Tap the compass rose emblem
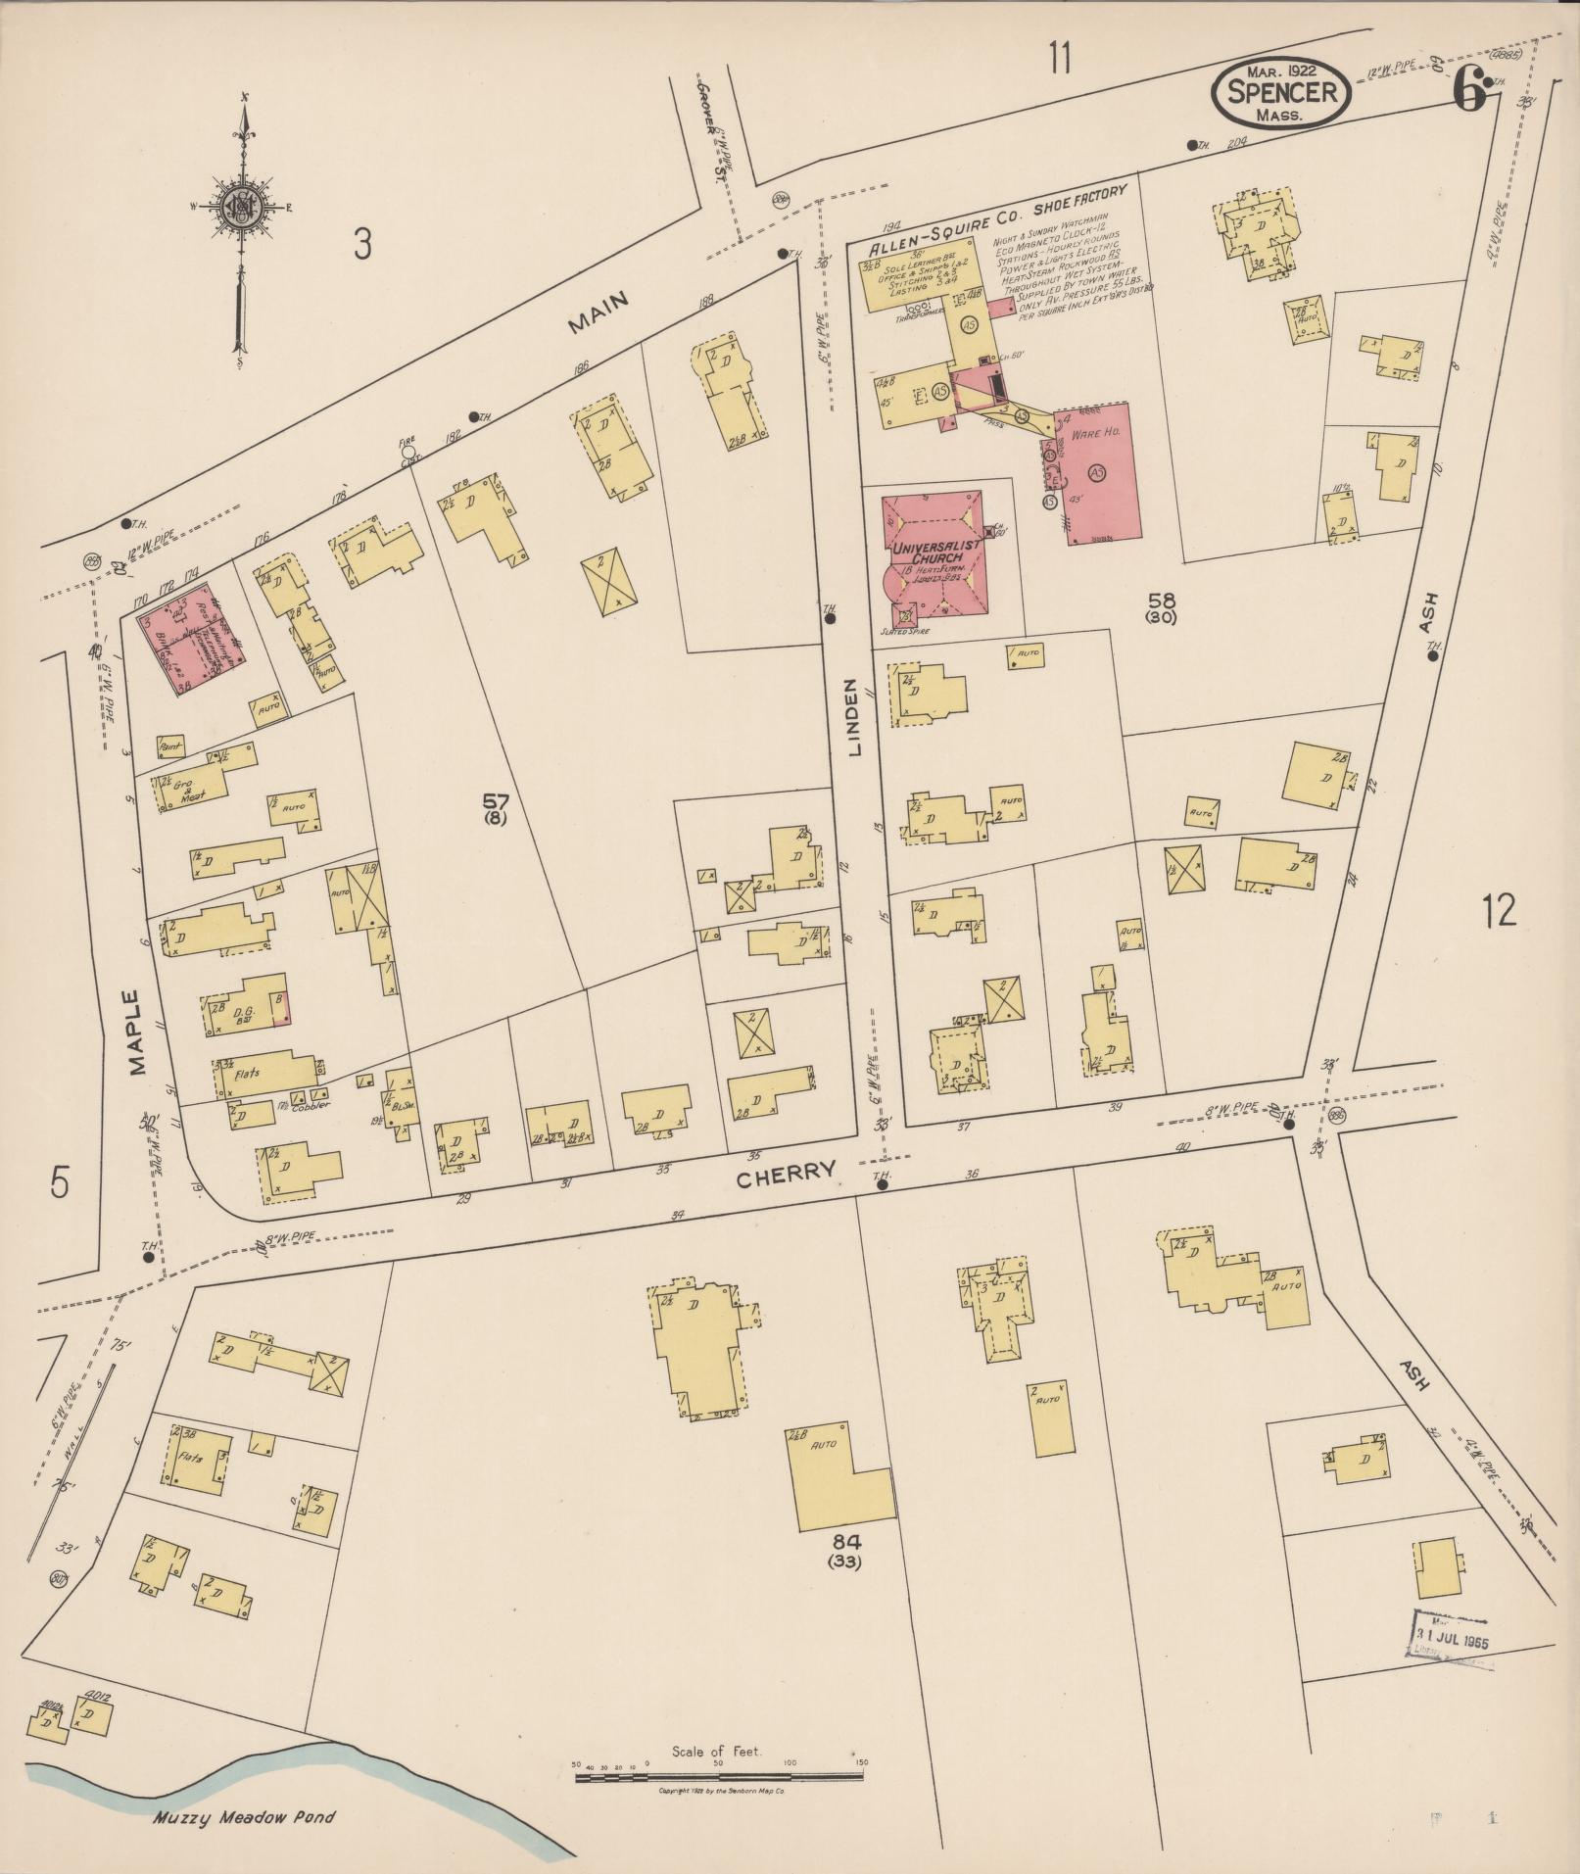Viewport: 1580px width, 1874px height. pos(238,206)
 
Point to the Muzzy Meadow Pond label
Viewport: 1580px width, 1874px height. pos(243,1818)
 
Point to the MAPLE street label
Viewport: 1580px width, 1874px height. pos(137,1033)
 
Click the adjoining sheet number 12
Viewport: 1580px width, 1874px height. pos(1499,910)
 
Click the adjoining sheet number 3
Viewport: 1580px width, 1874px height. pos(362,244)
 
